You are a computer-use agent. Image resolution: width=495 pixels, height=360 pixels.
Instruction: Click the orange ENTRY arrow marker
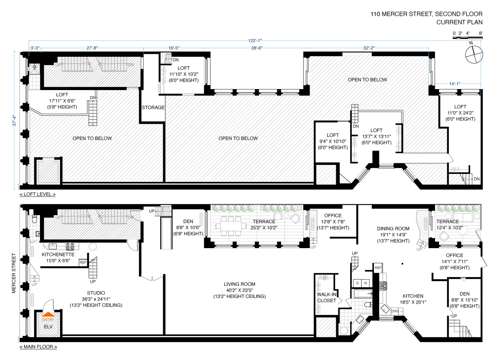(x=48, y=314)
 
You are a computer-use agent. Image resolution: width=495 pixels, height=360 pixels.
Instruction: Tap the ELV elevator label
(x=48, y=326)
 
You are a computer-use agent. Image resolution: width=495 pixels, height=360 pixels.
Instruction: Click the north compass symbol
(x=474, y=54)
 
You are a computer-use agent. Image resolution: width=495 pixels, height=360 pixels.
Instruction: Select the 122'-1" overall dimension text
(x=255, y=41)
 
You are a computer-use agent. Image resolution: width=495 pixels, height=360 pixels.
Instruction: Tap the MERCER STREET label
(x=14, y=273)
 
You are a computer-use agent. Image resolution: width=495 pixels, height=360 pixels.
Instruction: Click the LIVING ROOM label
(x=239, y=284)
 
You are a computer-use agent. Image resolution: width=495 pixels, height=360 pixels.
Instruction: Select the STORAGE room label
(x=153, y=108)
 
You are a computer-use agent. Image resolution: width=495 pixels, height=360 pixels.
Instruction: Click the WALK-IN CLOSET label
(x=326, y=297)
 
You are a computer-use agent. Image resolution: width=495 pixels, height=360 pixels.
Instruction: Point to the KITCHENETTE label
(x=58, y=254)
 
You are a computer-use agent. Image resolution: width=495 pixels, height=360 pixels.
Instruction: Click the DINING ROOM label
(x=393, y=228)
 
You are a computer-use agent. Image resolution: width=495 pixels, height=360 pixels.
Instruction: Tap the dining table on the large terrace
(x=231, y=226)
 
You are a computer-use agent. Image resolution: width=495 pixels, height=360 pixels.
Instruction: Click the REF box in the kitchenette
(x=83, y=263)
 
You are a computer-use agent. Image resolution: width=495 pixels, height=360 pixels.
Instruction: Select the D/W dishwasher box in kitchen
(x=395, y=311)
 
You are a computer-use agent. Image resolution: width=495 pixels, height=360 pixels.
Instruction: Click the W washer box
(x=365, y=283)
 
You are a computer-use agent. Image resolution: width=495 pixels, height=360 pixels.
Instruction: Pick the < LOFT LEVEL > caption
(x=38, y=194)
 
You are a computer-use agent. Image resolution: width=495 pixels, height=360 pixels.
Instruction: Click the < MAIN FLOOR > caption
(x=38, y=347)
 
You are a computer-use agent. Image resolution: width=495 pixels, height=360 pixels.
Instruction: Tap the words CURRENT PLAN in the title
(x=459, y=22)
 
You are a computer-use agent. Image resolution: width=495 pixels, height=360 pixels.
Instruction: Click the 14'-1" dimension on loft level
(x=454, y=84)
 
